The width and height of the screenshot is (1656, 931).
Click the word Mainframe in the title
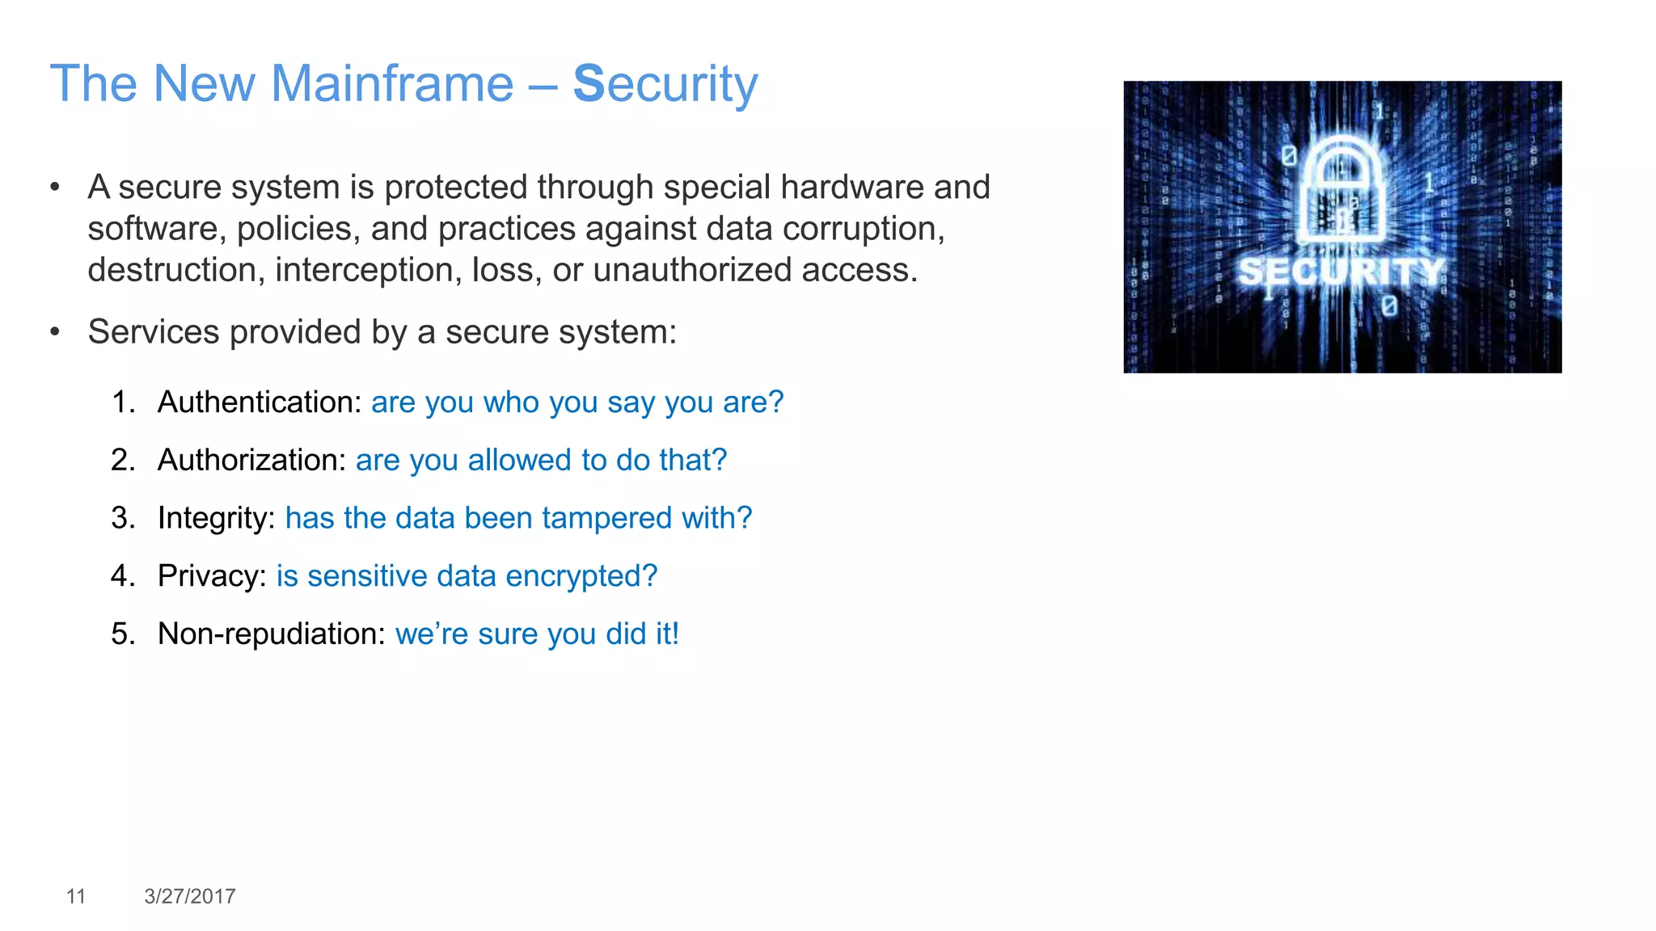391,83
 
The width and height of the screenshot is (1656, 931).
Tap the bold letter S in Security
589,83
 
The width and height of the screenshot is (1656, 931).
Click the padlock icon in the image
1341,191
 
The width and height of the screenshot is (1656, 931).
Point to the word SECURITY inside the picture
1341,272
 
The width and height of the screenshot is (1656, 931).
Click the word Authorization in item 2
251,460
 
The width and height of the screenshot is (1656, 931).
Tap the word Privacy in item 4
211,576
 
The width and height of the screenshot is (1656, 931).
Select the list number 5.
122,634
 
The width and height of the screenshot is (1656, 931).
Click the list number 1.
122,402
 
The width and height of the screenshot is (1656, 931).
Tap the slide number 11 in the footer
76,896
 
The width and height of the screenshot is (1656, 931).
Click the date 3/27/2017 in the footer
190,896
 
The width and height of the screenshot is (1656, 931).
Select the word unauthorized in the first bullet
692,270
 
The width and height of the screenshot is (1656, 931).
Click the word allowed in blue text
521,460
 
